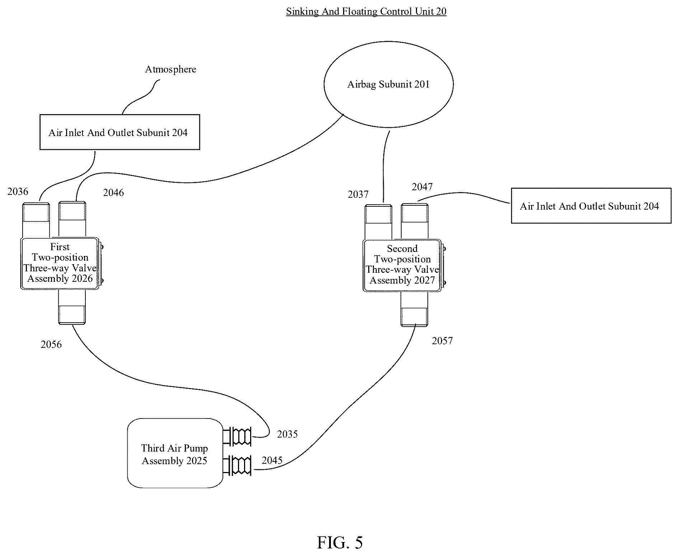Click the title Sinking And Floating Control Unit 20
[366, 11]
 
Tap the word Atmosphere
[170, 69]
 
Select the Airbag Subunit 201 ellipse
[389, 84]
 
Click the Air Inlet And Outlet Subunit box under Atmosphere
[120, 132]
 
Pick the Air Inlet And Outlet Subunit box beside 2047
[591, 206]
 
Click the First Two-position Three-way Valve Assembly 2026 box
[60, 263]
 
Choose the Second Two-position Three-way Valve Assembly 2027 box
[402, 265]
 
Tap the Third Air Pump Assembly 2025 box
[175, 453]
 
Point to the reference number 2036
[18, 192]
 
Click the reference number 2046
[113, 193]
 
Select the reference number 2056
[51, 345]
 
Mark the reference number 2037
[358, 195]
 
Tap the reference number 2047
[422, 187]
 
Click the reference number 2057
[442, 341]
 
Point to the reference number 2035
[287, 434]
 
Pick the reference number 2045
[272, 460]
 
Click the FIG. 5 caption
[340, 542]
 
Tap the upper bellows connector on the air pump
[237, 436]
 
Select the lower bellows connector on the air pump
[237, 466]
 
